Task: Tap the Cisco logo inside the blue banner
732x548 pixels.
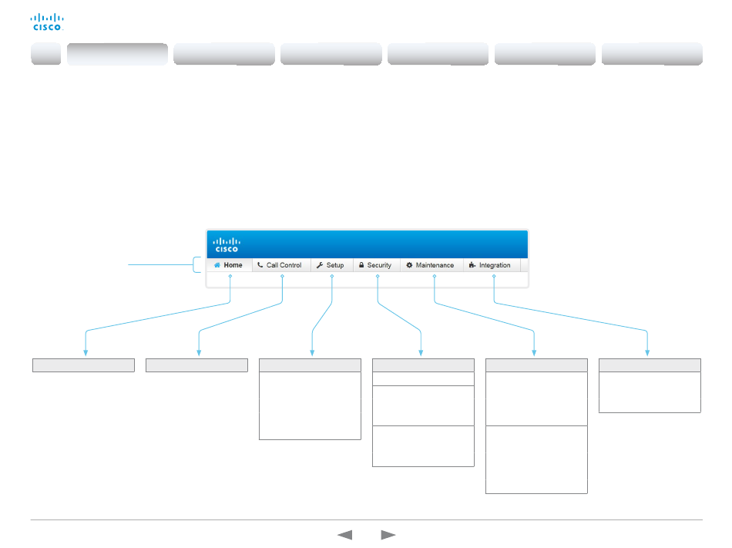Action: point(227,244)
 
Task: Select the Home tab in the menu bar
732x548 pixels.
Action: point(229,265)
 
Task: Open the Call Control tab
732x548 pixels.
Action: point(280,265)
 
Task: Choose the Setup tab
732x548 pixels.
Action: point(331,265)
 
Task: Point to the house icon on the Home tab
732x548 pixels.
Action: point(217,265)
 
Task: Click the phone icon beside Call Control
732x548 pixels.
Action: point(260,265)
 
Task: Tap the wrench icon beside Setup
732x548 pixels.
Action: point(319,265)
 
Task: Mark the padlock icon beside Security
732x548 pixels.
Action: point(361,265)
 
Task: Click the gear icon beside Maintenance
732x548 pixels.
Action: point(410,265)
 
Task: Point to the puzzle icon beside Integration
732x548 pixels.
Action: point(472,265)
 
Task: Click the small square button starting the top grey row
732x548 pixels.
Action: point(45,54)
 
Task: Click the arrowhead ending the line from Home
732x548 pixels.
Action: point(85,353)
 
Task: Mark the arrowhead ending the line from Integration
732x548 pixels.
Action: point(647,353)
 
